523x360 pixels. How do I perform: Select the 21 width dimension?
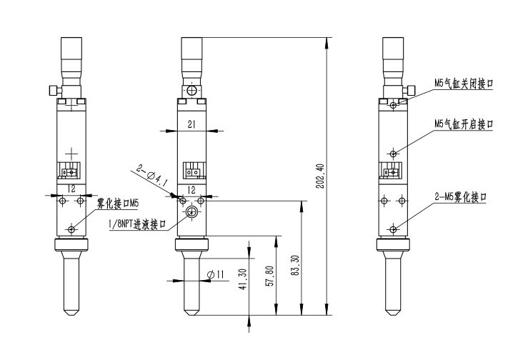pyautogui.click(x=191, y=124)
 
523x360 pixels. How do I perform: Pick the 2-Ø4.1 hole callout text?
pyautogui.click(x=149, y=176)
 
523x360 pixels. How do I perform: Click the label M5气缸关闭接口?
pyautogui.click(x=464, y=83)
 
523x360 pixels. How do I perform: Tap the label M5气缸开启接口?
pyautogui.click(x=464, y=124)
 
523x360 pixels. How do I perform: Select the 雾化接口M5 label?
pyautogui.click(x=117, y=203)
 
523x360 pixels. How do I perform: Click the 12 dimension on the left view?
pyautogui.click(x=71, y=188)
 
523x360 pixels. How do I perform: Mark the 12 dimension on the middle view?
pyautogui.click(x=191, y=189)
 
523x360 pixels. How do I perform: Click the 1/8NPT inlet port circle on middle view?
pyautogui.click(x=191, y=213)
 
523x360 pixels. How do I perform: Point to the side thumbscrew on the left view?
pyautogui.click(x=51, y=90)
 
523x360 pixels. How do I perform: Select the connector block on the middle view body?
pyautogui.click(x=191, y=171)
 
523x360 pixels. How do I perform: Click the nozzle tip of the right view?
pyautogui.click(x=392, y=311)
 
